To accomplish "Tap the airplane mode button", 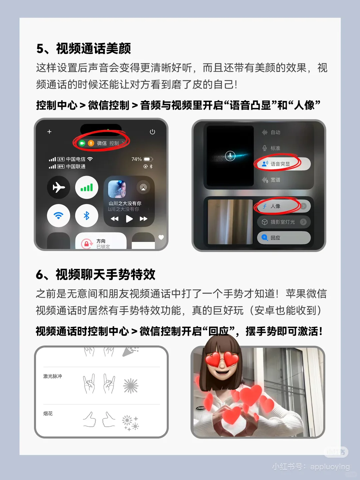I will coord(59,187).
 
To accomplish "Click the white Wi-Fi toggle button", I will coord(59,216).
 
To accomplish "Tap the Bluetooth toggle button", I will coord(87,216).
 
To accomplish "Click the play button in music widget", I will coord(129,219).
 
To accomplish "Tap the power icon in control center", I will coord(152,132).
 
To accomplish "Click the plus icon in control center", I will coord(49,132).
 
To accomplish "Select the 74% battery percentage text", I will coord(137,159).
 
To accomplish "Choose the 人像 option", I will coord(275,206).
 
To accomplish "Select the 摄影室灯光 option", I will coord(283,222).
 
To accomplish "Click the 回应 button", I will coord(275,238).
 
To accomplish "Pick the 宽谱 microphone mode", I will coord(275,180).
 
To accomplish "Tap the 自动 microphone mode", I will coord(275,132).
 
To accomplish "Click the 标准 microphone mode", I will coord(275,148).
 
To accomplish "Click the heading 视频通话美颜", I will coord(93,49).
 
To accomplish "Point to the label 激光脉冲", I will coord(53,376).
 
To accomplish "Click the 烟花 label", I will coord(48,414).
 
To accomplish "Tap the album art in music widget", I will coord(117,189).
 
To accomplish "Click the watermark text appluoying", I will coord(330,467).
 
